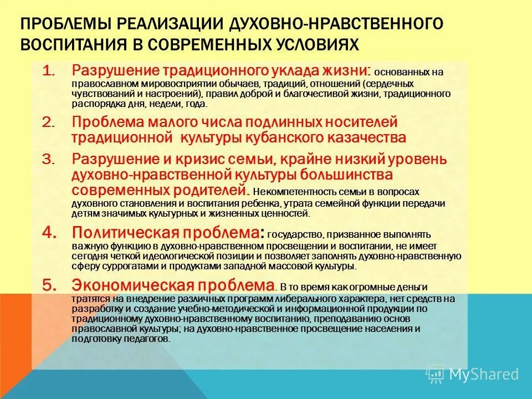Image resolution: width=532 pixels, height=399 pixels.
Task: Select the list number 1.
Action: [49, 71]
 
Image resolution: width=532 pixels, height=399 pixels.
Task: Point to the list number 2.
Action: [49, 121]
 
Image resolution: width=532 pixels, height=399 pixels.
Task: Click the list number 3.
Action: [49, 159]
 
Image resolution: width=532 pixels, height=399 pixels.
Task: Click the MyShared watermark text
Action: [483, 374]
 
